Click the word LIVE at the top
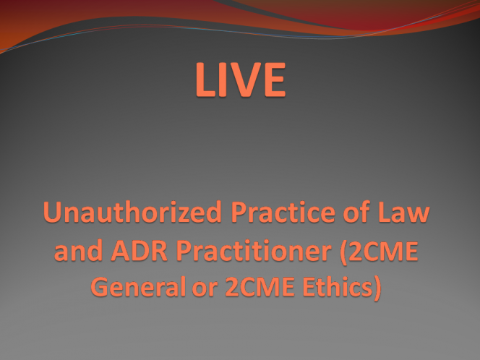[241, 80]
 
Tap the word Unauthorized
[132, 212]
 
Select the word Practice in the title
[283, 212]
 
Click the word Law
[404, 212]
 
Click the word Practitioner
[254, 250]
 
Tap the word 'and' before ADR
[78, 250]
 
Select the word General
[138, 286]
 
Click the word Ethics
[338, 286]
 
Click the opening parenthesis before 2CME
[344, 252]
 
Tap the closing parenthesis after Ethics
[377, 288]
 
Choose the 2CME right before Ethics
[260, 286]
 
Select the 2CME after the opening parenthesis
[384, 250]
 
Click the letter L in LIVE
[205, 80]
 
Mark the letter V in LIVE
[243, 80]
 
